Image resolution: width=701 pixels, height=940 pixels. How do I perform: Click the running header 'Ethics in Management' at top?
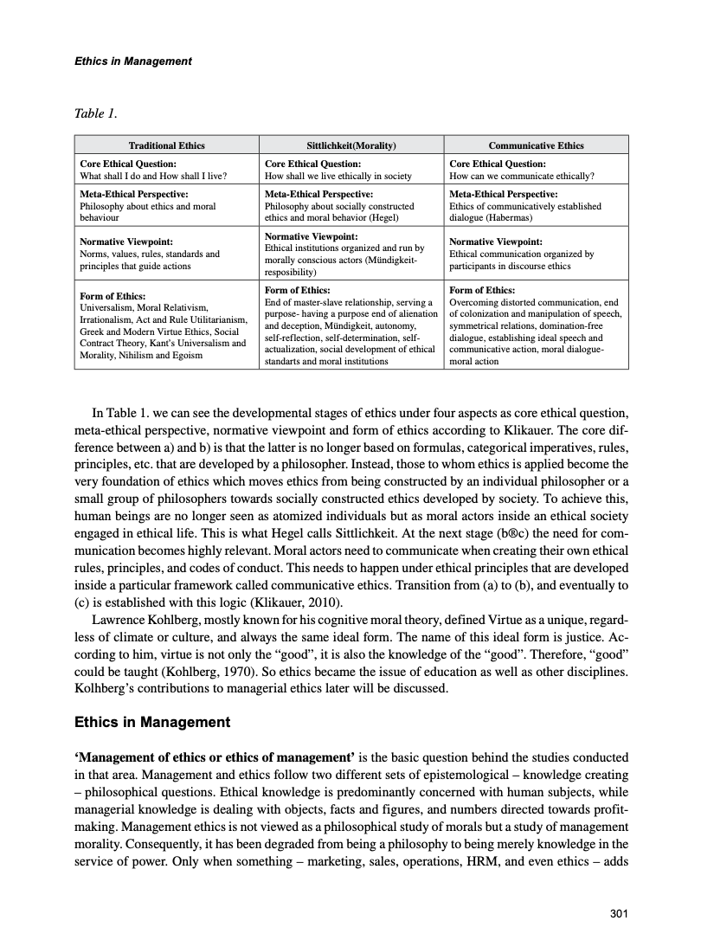pos(132,61)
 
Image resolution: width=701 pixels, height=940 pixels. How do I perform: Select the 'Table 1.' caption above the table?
pos(95,113)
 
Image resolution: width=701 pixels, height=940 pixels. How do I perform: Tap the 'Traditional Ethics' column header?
pos(166,145)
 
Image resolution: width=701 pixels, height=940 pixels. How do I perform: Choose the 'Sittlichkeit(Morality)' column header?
pos(351,145)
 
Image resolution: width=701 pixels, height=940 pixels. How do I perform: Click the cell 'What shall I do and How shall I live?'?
pos(152,175)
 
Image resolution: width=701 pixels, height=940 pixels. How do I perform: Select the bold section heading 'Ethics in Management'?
pos(152,722)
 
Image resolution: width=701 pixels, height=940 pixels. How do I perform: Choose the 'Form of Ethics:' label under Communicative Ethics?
pos(483,290)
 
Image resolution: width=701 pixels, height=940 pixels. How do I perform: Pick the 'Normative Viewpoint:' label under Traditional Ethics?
pos(126,241)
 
